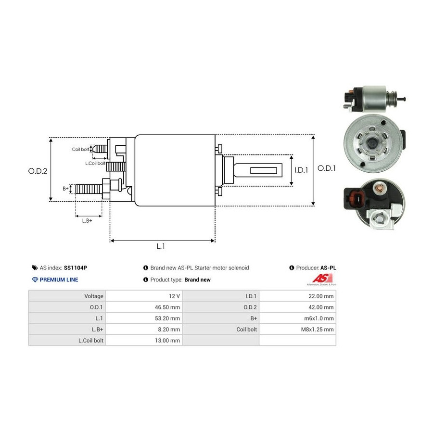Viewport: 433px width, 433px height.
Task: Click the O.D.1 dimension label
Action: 327,168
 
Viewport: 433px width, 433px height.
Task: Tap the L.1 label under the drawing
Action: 161,246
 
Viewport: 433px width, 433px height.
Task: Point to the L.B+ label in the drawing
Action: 87,220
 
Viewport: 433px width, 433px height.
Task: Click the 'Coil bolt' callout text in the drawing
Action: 80,149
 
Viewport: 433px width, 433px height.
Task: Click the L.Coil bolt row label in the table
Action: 91,340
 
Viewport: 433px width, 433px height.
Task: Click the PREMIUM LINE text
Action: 59,280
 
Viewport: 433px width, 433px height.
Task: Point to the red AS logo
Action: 319,278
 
